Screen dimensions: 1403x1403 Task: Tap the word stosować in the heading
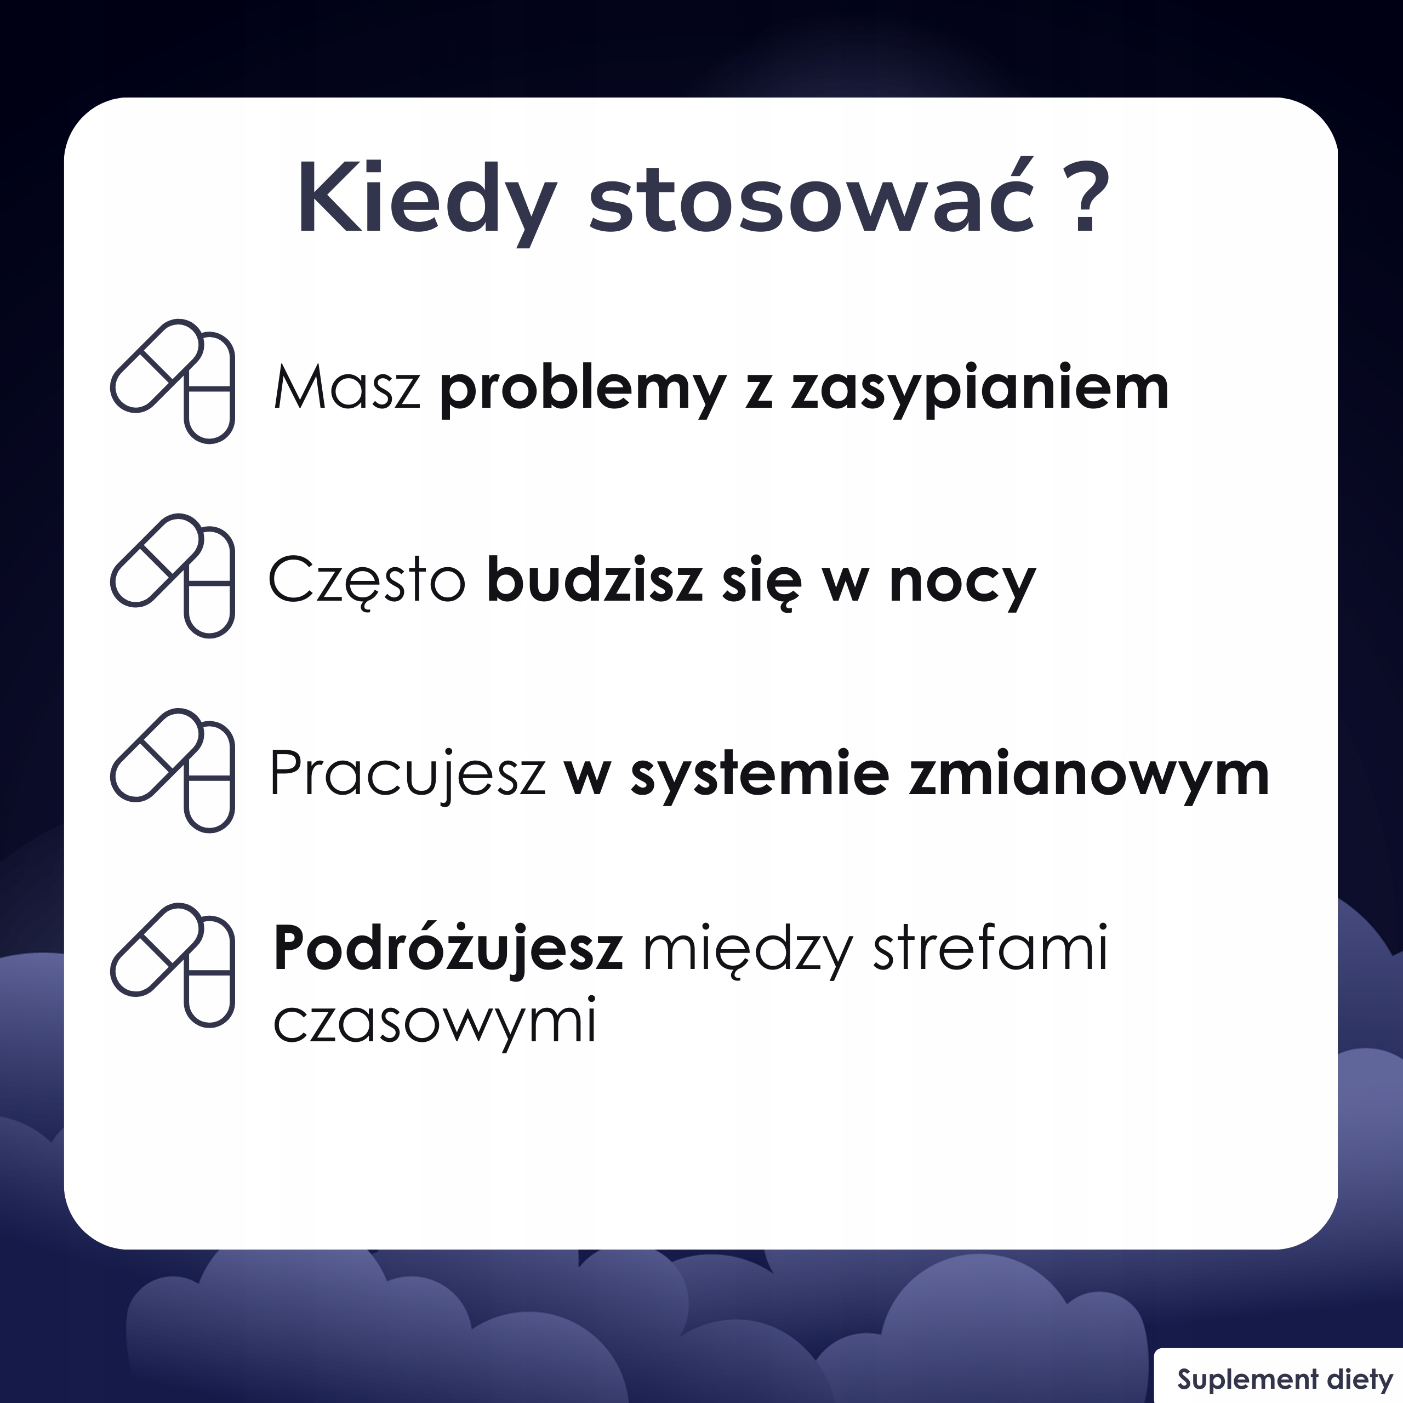pos(812,196)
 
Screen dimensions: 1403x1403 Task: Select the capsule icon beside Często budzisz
pos(173,576)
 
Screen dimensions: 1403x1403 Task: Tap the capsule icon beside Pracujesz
pos(173,771)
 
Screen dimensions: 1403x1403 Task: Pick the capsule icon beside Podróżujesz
pos(173,966)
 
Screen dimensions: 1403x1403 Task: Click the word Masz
pos(347,387)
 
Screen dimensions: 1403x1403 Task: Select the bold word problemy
pos(583,391)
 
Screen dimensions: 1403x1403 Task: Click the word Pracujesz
pos(407,776)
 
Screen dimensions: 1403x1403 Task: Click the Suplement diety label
pos(1285,1379)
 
